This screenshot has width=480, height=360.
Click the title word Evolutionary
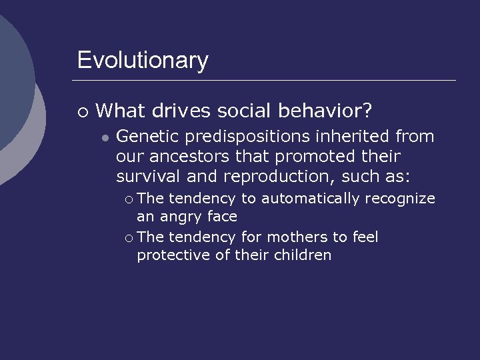[143, 61]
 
